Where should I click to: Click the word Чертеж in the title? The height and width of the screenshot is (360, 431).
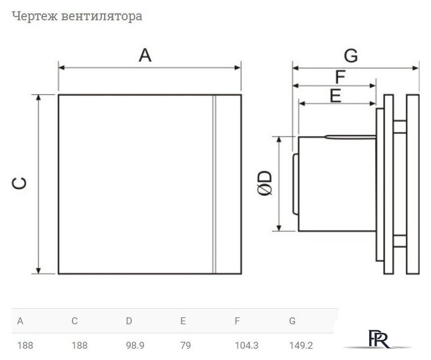[x=30, y=16]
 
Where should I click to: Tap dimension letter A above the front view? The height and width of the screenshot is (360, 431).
[x=145, y=55]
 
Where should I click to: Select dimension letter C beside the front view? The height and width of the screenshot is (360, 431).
[x=19, y=183]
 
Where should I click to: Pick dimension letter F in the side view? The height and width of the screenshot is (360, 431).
[x=340, y=76]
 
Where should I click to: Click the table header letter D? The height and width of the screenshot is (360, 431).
[x=129, y=321]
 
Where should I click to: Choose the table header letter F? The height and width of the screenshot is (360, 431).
[x=237, y=321]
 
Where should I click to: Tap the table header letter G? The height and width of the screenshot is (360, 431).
[x=292, y=321]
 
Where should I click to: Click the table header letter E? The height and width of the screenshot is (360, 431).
[x=183, y=321]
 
